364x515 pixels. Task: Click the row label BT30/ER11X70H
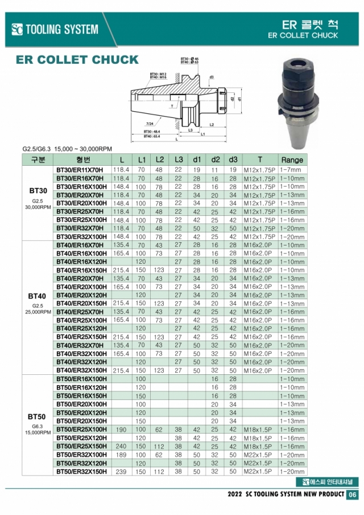(x=80, y=170)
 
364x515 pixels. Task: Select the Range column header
(x=292, y=160)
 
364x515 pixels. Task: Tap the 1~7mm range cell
(x=292, y=170)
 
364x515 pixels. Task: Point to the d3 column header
(x=233, y=160)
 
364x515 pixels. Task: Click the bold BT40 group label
(x=37, y=297)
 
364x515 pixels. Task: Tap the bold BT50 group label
(x=37, y=416)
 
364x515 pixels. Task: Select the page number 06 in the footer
(x=353, y=494)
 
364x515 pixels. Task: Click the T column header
(x=260, y=160)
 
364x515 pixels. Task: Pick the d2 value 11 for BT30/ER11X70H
(x=216, y=170)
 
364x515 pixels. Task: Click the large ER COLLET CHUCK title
(x=77, y=60)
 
